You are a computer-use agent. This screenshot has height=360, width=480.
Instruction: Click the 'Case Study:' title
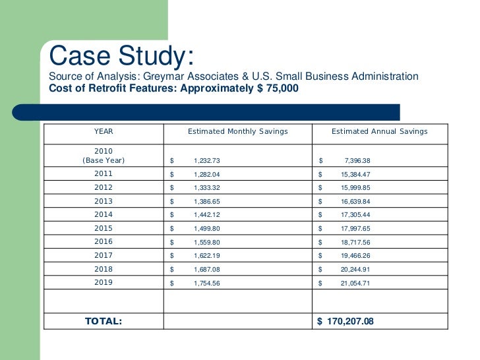(121, 55)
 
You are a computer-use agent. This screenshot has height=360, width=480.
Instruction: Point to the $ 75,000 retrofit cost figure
(278, 88)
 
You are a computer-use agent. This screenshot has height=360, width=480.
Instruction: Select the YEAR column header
(104, 131)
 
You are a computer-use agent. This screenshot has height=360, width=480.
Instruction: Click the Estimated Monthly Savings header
(238, 132)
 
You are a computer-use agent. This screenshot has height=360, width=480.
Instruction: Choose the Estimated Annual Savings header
(380, 132)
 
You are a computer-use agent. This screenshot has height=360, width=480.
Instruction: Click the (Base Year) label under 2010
(104, 160)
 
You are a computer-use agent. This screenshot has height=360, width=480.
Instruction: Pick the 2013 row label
(104, 201)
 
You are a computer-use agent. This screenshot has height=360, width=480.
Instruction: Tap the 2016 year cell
(104, 241)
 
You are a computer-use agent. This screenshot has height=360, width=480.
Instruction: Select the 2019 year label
(104, 282)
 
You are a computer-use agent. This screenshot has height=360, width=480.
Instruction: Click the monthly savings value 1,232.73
(207, 161)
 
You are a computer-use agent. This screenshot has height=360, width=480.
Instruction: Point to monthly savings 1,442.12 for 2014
(207, 215)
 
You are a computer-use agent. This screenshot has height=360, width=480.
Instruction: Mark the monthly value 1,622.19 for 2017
(207, 256)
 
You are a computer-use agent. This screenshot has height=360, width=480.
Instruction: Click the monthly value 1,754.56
(207, 284)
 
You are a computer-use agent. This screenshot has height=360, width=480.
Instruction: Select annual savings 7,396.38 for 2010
(357, 161)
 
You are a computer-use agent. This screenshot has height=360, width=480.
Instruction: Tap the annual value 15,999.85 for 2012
(356, 188)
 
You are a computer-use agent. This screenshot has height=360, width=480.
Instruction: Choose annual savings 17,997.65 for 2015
(356, 229)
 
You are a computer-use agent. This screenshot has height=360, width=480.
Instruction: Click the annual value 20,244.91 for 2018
(355, 270)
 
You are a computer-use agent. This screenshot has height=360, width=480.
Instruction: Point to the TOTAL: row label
(104, 321)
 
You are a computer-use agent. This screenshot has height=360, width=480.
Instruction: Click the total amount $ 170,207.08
(345, 321)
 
